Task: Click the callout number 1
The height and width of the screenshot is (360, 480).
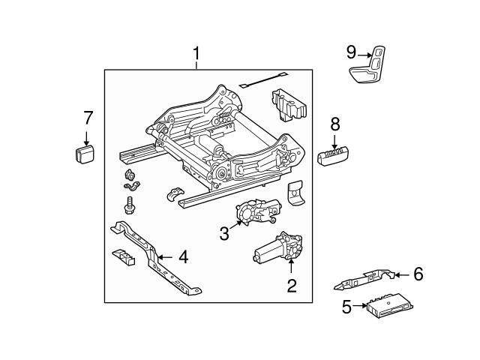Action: [196, 54]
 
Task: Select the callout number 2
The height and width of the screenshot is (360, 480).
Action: [292, 285]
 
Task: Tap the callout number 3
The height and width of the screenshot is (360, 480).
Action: [223, 233]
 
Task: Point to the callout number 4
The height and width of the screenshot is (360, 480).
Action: [182, 258]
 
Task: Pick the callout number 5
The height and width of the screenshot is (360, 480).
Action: [346, 306]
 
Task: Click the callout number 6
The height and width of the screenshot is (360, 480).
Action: [418, 274]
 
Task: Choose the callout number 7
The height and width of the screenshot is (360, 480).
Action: [87, 118]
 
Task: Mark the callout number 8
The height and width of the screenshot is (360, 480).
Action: [335, 123]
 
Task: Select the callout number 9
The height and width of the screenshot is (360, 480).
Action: [352, 52]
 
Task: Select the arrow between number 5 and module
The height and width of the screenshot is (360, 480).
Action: [361, 306]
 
